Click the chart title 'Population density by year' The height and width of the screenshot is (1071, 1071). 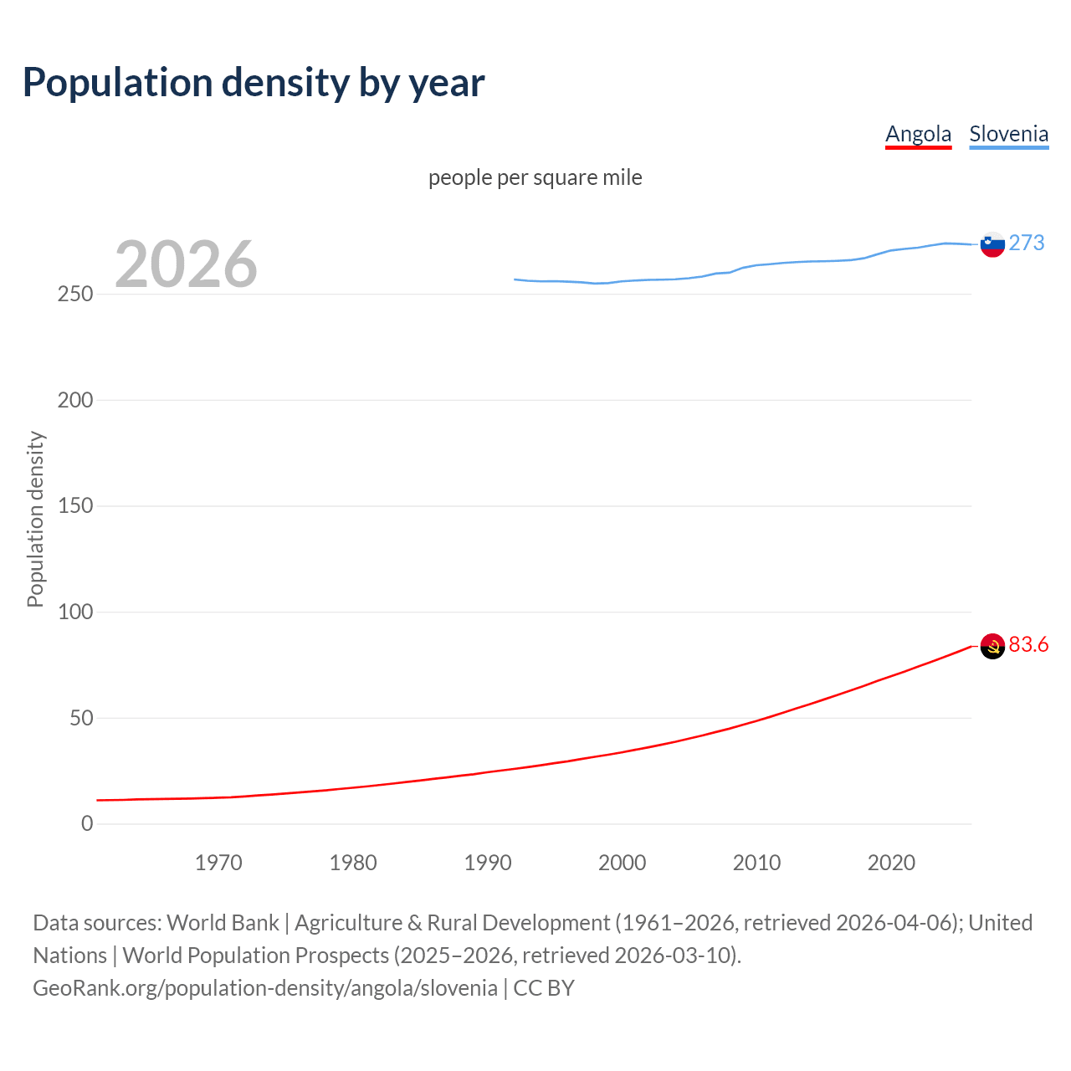(254, 83)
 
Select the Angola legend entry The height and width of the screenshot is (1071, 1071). (918, 134)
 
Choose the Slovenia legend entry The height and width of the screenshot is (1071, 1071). (1008, 134)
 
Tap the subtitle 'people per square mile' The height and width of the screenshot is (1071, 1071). (535, 177)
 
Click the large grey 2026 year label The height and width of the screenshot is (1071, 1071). (186, 264)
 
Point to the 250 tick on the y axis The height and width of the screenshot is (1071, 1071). (75, 295)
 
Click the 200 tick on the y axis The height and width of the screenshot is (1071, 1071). (75, 400)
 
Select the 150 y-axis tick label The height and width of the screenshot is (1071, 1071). (75, 506)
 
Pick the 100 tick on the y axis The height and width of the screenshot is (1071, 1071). (75, 612)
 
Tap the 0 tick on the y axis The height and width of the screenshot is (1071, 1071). (87, 824)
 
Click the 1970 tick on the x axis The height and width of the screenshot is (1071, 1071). (218, 863)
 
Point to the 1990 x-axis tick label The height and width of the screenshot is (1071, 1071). (488, 863)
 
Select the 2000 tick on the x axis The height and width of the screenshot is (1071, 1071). (622, 863)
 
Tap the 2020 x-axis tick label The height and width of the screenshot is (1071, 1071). (891, 863)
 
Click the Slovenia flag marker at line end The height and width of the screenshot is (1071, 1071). (992, 244)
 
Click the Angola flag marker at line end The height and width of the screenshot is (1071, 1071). (992, 646)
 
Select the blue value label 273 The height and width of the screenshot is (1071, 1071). (1027, 243)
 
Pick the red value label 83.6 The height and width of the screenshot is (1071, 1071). (1028, 644)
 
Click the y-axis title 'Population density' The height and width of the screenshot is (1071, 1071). (35, 519)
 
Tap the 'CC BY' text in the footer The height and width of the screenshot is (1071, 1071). (544, 988)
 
